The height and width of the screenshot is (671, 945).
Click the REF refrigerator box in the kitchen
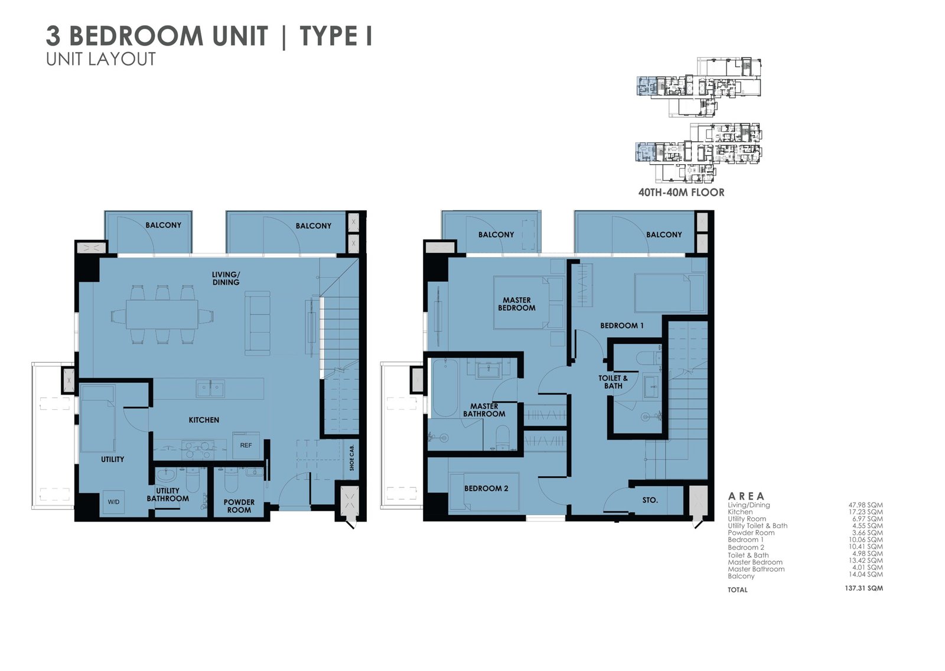246,445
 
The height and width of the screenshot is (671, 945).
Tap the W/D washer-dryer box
113,501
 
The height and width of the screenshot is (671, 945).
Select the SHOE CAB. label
352,457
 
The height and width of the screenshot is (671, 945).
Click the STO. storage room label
650,500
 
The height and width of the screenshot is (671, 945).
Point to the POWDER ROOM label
239,506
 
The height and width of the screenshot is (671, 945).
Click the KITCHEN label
204,420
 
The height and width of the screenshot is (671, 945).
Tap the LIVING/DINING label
226,279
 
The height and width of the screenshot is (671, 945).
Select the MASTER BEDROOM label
516,304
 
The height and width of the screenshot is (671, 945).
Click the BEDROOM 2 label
486,488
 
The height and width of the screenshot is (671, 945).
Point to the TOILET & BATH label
613,382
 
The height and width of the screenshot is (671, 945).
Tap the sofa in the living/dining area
258,323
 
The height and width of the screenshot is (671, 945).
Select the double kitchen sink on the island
210,388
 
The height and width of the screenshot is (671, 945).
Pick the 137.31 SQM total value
863,588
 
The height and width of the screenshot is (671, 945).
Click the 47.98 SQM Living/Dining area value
866,505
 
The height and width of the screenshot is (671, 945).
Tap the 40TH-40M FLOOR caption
682,193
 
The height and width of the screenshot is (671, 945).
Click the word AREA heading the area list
746,496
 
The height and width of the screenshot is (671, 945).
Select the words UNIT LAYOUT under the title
101,60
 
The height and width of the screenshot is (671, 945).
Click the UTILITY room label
112,459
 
